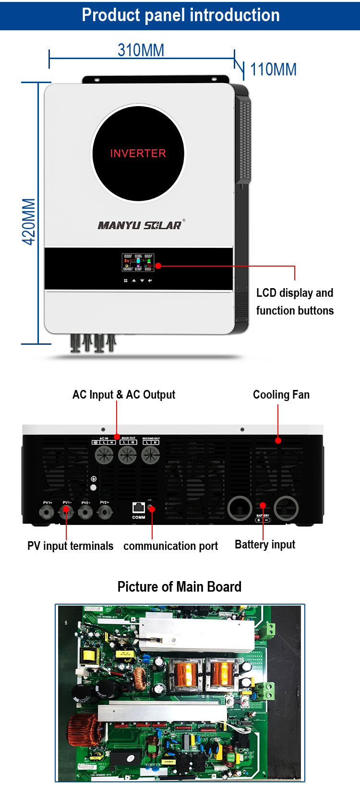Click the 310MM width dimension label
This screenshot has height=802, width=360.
click(x=141, y=50)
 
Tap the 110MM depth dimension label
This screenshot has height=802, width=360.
click(x=273, y=70)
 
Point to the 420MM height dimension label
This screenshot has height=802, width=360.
click(x=29, y=221)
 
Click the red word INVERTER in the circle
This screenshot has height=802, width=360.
click(x=138, y=153)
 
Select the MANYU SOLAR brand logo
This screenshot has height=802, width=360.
click(x=141, y=225)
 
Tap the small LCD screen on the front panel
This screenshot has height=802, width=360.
click(x=138, y=262)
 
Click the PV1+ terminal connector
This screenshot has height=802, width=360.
click(x=47, y=512)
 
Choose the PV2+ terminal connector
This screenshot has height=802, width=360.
click(x=105, y=512)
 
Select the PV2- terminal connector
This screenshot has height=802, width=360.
click(x=85, y=512)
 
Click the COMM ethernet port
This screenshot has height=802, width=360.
click(x=139, y=508)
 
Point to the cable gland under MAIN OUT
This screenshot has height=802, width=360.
click(x=128, y=454)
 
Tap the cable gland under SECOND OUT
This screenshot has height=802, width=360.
click(x=151, y=454)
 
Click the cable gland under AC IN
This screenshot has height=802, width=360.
click(x=104, y=454)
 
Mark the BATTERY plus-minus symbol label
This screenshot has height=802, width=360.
click(x=263, y=520)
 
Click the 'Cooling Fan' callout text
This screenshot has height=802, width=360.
click(x=281, y=395)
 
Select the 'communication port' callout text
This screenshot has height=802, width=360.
click(x=170, y=546)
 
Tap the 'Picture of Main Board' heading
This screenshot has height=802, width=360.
click(x=180, y=587)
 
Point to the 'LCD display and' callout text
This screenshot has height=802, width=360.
click(x=295, y=293)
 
